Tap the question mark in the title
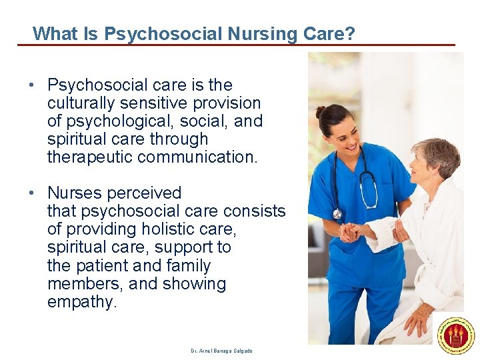point(350,33)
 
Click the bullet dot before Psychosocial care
point(31,86)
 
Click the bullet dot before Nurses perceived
point(31,194)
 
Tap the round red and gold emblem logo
point(456,335)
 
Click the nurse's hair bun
point(321,111)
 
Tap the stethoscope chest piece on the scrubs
point(338,213)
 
